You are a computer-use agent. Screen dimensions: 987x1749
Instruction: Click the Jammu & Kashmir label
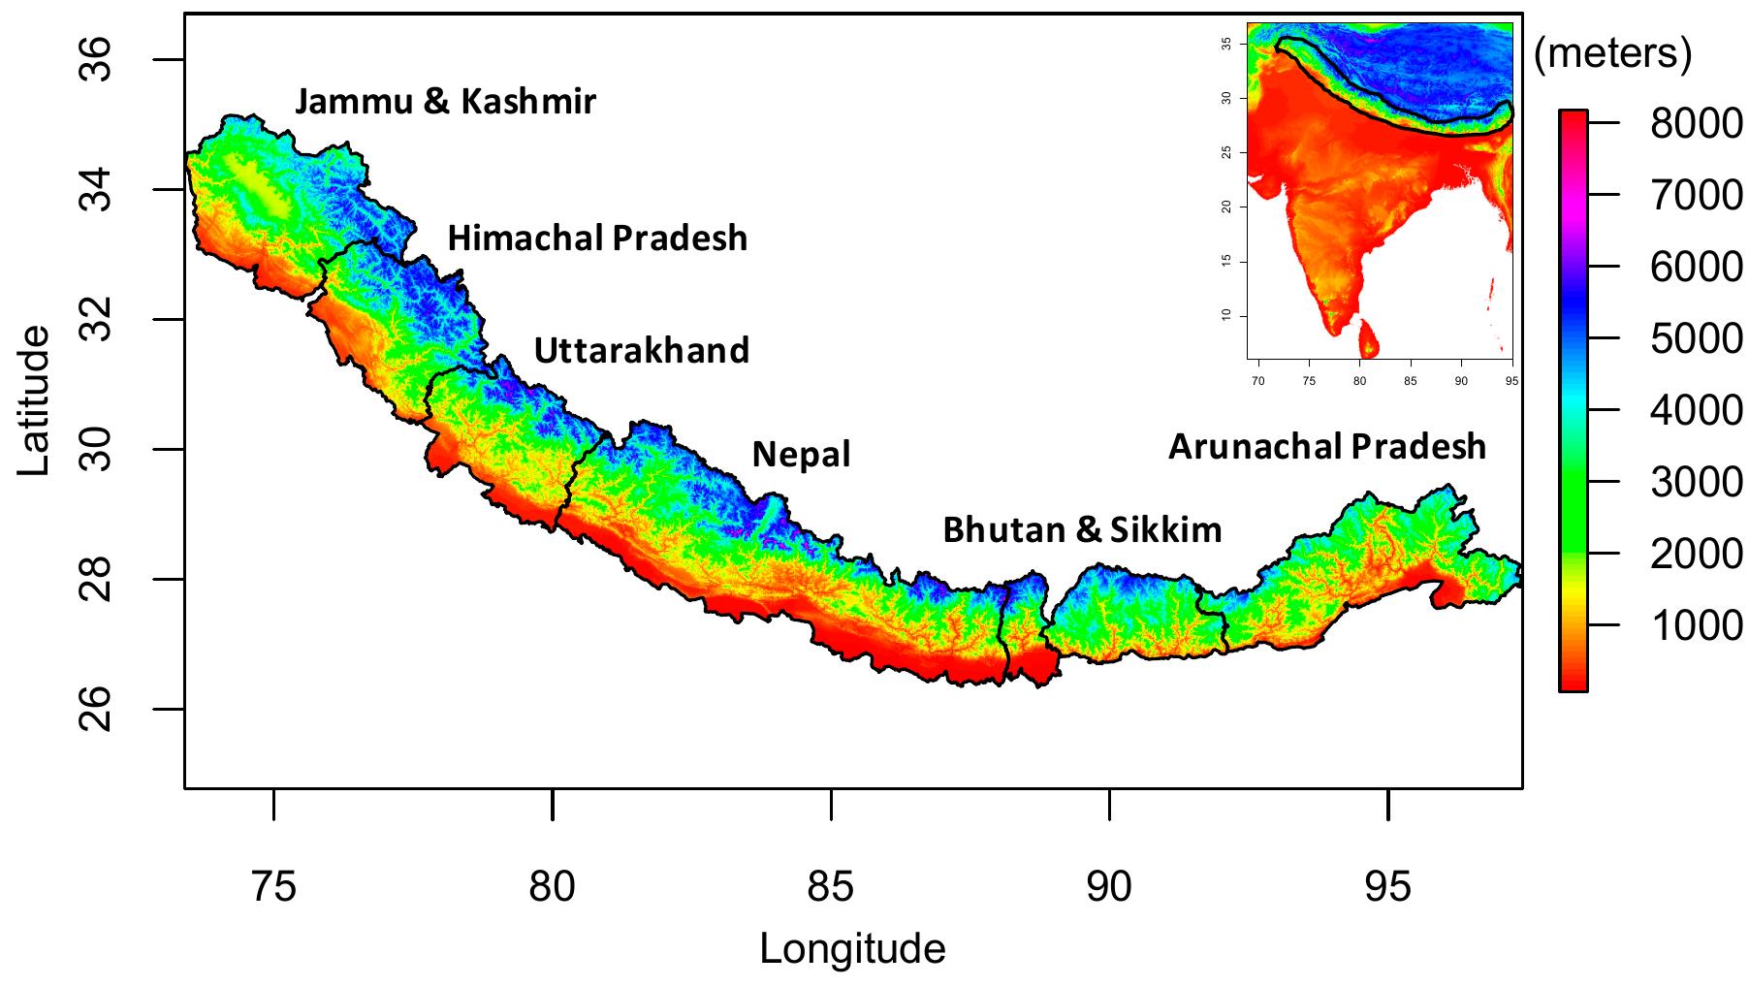(445, 101)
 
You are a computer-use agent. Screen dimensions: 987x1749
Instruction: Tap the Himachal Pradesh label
(597, 239)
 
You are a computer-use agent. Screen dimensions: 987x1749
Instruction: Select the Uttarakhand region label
(642, 350)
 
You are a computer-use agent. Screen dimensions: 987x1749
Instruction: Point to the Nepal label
(801, 454)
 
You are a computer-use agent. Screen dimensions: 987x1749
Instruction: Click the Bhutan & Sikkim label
(1082, 530)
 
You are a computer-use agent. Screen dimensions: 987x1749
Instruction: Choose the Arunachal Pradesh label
(1326, 447)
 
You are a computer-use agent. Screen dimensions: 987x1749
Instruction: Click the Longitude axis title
(852, 948)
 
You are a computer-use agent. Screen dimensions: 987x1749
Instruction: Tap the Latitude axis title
(35, 399)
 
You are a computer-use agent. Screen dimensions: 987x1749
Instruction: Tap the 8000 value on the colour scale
(1696, 123)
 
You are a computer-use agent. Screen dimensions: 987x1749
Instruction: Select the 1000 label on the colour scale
(1696, 625)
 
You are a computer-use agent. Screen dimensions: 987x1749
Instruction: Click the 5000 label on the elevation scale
(1696, 338)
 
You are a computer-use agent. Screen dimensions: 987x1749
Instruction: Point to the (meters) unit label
(1613, 54)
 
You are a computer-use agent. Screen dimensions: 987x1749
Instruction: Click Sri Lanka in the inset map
(1369, 339)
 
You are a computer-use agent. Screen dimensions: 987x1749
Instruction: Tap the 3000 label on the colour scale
(1696, 482)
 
